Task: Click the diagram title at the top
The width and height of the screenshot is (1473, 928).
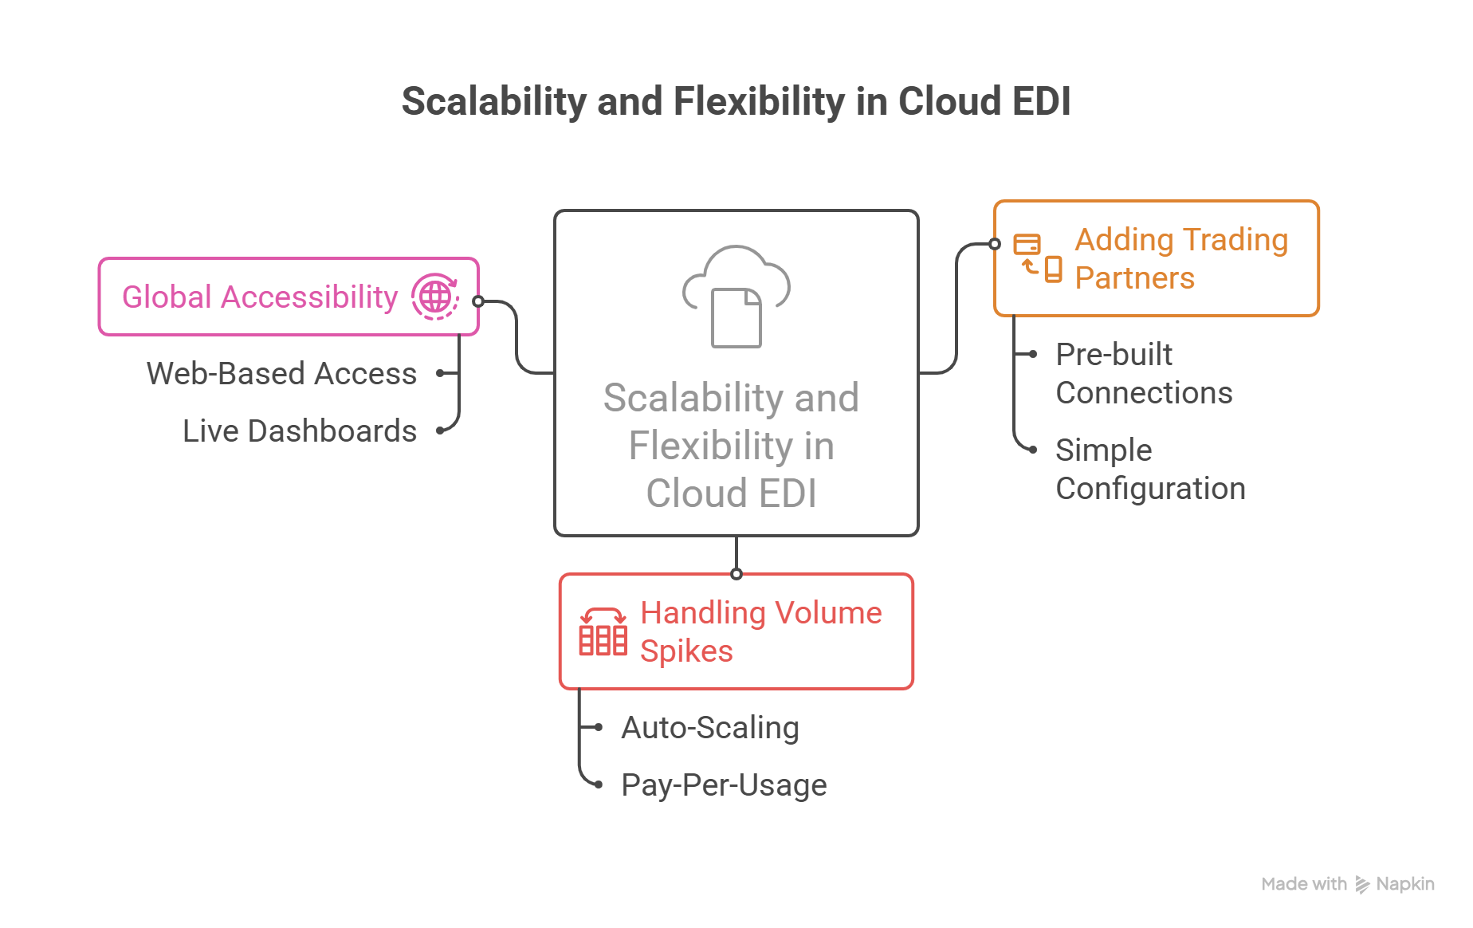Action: pos(735,101)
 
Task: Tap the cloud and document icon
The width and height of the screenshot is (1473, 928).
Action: pos(736,296)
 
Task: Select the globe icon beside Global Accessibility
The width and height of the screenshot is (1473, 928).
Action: pos(435,297)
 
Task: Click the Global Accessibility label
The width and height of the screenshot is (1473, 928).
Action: pos(259,297)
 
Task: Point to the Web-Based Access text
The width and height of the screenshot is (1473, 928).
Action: pos(281,373)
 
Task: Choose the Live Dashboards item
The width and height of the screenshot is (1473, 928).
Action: pos(299,431)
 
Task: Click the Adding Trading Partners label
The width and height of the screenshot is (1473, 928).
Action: pos(1180,258)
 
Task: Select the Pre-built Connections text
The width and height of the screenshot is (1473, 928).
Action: pos(1143,373)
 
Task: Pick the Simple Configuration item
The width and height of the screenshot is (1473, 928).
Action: pos(1149,469)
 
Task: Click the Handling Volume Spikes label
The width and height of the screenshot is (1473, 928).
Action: pos(760,631)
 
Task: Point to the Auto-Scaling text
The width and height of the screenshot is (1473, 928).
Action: pos(709,727)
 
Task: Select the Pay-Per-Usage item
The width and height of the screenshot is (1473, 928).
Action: pos(723,784)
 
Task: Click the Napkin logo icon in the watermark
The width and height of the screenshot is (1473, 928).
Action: pos(1363,884)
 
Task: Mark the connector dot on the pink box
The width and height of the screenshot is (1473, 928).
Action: pos(478,301)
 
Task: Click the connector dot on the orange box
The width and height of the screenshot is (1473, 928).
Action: pos(995,244)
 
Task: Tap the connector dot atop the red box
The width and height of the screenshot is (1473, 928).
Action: pos(736,574)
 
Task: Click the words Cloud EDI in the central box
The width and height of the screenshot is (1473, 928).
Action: pos(731,493)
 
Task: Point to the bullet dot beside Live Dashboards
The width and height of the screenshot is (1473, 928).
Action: pos(440,431)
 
